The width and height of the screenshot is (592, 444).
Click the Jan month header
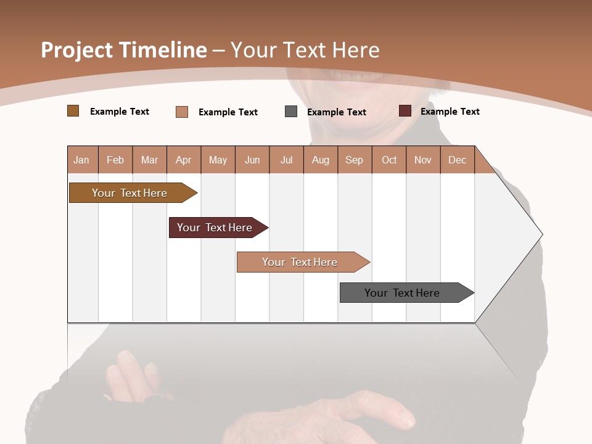81,160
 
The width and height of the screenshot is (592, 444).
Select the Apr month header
183,160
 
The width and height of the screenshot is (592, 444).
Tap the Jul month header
286,160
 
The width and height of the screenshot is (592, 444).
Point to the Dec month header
457,160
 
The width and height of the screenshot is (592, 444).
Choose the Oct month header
389,160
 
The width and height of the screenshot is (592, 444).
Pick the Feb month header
115,160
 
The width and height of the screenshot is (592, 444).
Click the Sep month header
354,160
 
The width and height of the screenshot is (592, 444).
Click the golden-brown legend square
73,111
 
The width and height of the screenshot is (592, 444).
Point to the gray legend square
291,112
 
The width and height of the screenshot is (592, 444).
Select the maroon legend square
405,111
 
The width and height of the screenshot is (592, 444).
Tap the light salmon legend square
182,112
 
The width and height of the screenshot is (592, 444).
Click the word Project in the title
76,50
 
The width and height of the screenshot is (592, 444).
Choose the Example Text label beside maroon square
450,112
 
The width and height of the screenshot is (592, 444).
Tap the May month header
218,160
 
